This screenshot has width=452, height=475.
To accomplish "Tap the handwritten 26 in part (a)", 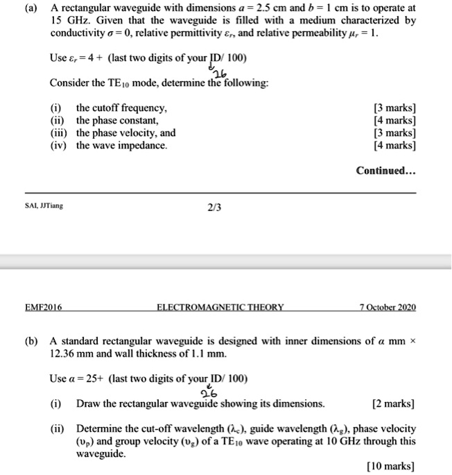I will pos(220,75).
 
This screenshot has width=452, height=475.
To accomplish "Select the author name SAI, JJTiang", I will pos(43,205).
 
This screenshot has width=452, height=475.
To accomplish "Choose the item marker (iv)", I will pos(60,146).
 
